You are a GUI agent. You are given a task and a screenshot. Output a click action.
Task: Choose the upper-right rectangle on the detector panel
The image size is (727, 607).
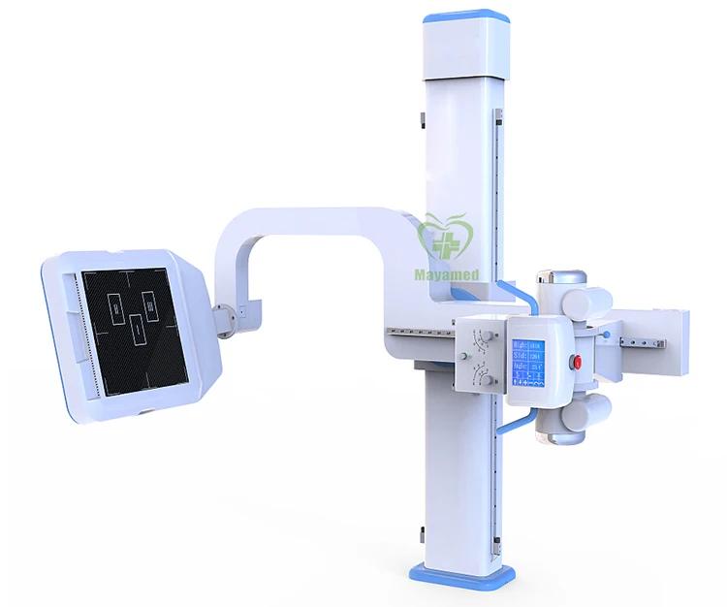151,305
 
